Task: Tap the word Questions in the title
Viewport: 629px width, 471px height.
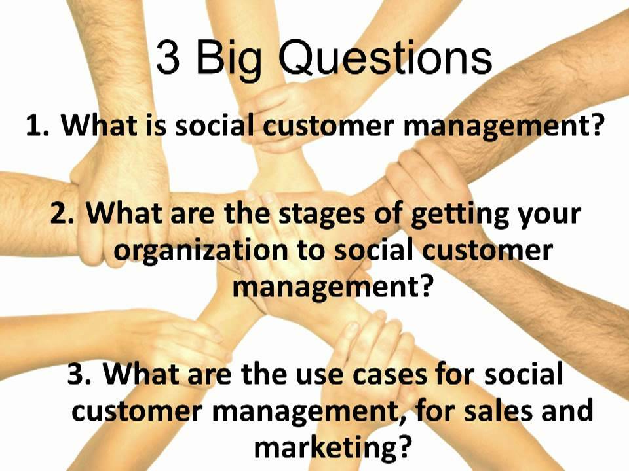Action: tap(385, 59)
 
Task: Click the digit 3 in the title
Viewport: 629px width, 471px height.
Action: tap(168, 59)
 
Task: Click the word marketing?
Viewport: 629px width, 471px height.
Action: tap(334, 447)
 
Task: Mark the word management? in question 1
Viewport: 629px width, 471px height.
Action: tap(503, 126)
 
